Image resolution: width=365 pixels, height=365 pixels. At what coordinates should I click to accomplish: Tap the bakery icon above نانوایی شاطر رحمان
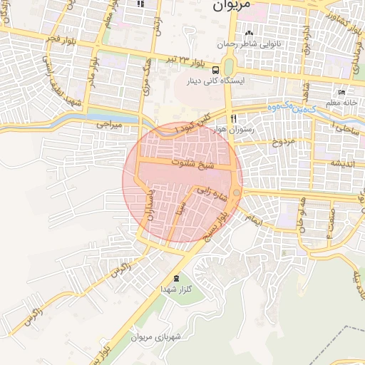coord(249,34)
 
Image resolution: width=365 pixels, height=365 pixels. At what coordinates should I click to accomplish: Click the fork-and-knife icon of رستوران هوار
coord(233,118)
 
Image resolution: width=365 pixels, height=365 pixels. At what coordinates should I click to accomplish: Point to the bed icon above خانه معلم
coord(341,93)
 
